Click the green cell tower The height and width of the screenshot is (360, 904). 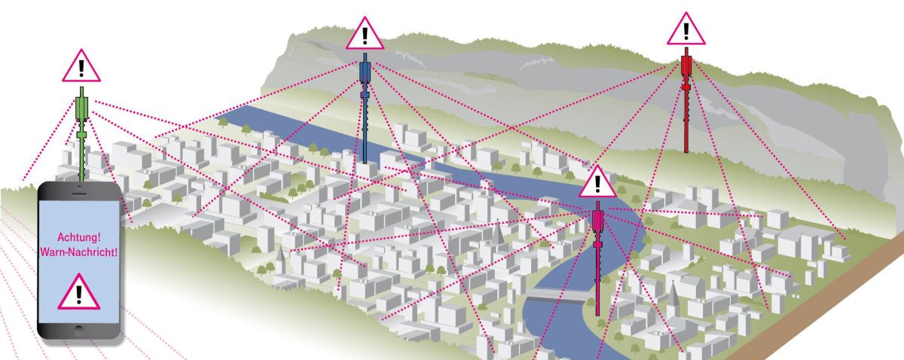(83, 132)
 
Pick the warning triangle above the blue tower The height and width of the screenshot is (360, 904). (365, 34)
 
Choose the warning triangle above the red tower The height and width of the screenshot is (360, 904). (686, 30)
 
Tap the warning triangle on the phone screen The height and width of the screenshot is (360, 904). (78, 293)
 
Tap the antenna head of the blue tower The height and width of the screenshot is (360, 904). (365, 72)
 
